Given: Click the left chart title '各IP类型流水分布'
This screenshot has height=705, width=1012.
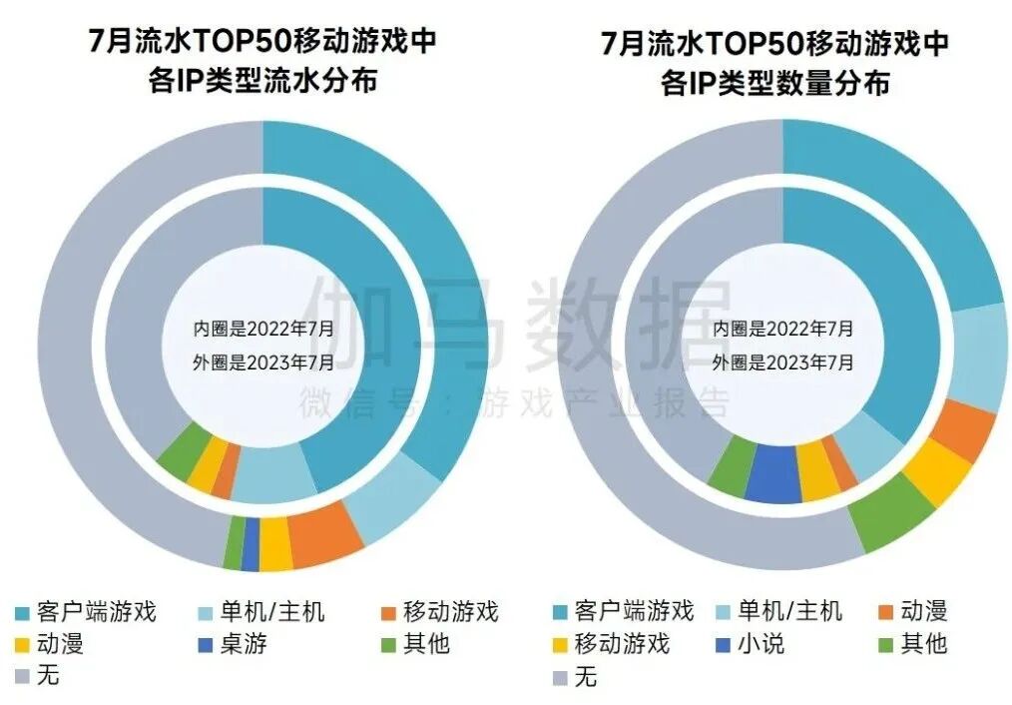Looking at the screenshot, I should tap(261, 81).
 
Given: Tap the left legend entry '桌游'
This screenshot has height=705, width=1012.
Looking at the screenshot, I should tap(246, 643).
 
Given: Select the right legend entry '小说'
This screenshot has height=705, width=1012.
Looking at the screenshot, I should tap(760, 643).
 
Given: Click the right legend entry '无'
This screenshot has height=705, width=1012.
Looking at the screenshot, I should tap(585, 676).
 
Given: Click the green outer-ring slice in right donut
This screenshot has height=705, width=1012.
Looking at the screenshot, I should tap(892, 511).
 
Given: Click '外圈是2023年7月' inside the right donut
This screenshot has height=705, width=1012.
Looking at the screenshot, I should tap(782, 362).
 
